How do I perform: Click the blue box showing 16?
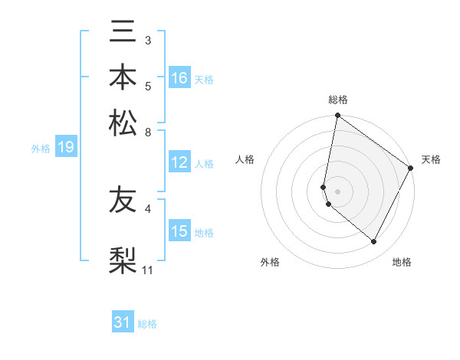click(x=179, y=78)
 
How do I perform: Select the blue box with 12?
click(x=179, y=162)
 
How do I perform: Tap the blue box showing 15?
click(x=179, y=231)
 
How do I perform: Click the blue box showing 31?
click(x=123, y=322)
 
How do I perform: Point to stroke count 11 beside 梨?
click(x=148, y=270)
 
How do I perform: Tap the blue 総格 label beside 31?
click(x=147, y=324)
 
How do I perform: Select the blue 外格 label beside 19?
click(x=41, y=149)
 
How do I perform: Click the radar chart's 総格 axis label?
click(x=338, y=100)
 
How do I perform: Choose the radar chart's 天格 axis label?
click(x=431, y=159)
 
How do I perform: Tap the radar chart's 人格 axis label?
click(x=245, y=159)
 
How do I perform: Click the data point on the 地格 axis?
click(x=374, y=242)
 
